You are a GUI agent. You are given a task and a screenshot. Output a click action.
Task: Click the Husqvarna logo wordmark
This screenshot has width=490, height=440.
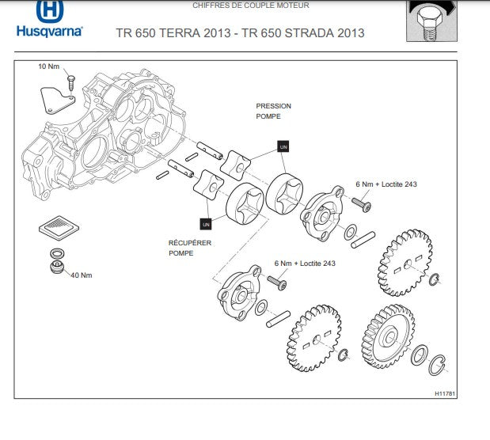click(48, 33)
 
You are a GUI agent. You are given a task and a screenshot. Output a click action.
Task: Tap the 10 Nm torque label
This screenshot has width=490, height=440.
click(48, 66)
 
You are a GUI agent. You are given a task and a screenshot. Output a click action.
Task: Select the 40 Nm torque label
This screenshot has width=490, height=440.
click(82, 275)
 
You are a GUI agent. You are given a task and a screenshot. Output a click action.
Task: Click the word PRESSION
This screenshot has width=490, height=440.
click(273, 106)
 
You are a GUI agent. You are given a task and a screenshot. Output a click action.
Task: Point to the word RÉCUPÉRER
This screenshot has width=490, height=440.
click(189, 243)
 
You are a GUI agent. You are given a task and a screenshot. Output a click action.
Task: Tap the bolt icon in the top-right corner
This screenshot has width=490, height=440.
click(434, 21)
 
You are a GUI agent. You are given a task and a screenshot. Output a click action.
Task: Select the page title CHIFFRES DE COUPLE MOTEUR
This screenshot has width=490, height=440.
click(251, 6)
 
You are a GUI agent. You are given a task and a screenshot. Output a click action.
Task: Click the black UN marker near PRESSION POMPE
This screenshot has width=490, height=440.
click(283, 146)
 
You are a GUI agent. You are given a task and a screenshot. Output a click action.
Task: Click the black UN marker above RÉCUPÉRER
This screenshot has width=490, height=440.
click(205, 223)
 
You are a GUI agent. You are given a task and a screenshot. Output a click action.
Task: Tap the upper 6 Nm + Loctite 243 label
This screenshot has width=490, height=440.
click(386, 184)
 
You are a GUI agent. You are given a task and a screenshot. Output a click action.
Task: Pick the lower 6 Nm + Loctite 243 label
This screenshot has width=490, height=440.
click(305, 263)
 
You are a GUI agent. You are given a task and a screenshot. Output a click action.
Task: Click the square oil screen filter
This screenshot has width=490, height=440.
click(59, 226)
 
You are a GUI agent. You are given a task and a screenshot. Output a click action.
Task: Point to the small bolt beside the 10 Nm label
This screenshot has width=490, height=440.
click(70, 79)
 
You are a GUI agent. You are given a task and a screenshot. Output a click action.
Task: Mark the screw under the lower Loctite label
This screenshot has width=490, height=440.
click(278, 281)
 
